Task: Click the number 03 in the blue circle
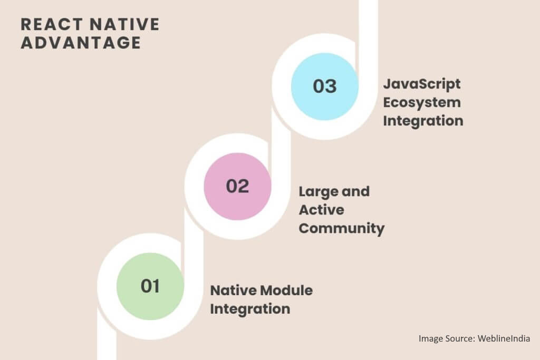click(324, 86)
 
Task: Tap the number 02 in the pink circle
click(237, 186)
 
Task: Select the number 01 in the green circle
click(150, 286)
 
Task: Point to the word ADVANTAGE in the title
click(81, 43)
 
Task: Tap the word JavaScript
click(421, 84)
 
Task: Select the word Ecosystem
click(421, 102)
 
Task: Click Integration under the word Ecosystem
click(423, 121)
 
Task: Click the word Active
click(322, 210)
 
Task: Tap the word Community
click(341, 228)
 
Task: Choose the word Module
click(287, 290)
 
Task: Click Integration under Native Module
click(250, 308)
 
